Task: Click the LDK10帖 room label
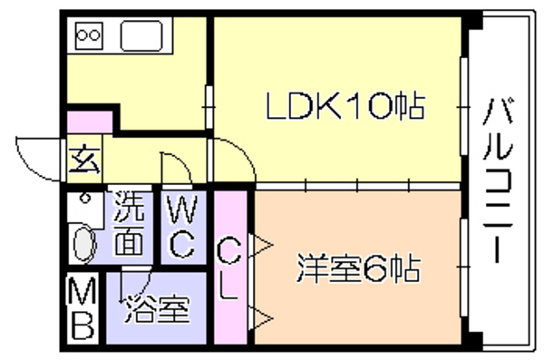click(x=345, y=106)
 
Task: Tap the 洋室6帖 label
click(x=359, y=268)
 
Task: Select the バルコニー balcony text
click(x=498, y=180)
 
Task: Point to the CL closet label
click(x=228, y=270)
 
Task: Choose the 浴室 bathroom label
click(x=157, y=310)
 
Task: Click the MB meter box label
click(x=83, y=309)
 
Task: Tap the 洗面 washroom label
click(x=129, y=223)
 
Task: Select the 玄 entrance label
click(x=84, y=160)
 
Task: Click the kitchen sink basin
click(x=141, y=35)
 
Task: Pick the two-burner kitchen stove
click(x=89, y=35)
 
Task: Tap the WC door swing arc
click(x=184, y=162)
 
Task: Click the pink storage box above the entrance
click(x=90, y=122)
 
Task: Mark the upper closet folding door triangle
click(x=261, y=245)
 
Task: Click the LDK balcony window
click(x=463, y=107)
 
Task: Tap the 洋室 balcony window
click(x=463, y=268)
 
